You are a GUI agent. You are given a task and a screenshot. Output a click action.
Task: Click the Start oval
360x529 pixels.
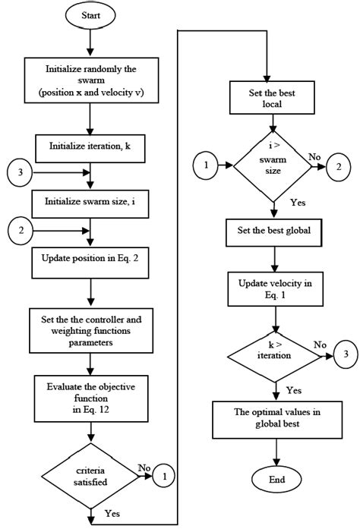click(x=90, y=14)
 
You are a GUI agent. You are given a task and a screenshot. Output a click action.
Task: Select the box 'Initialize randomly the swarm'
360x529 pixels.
click(x=90, y=81)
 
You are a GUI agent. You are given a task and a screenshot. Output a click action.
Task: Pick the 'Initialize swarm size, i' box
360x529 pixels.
click(x=90, y=202)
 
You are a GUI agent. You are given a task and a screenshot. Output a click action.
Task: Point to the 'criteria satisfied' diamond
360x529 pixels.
click(x=90, y=477)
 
